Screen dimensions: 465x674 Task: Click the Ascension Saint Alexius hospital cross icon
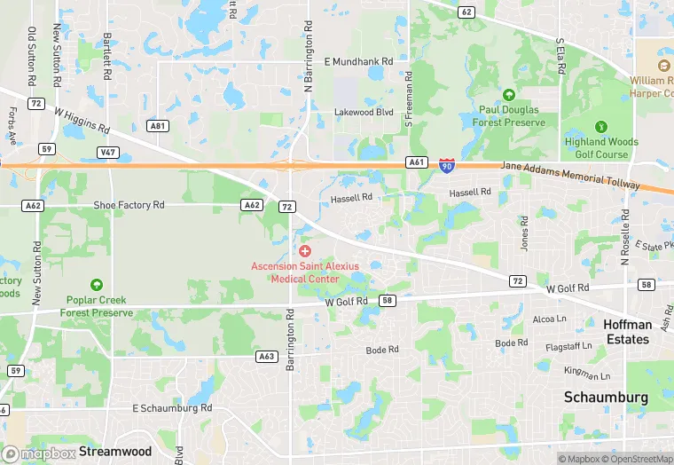click(304, 252)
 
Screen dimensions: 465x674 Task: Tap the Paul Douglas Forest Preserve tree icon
click(508, 95)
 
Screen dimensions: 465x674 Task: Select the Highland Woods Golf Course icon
click(600, 127)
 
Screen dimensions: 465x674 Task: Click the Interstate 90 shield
click(447, 166)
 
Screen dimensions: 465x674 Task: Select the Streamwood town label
click(114, 452)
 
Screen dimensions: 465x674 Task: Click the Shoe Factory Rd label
click(129, 205)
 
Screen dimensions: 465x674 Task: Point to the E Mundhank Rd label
click(357, 61)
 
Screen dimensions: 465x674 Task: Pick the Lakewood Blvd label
click(363, 113)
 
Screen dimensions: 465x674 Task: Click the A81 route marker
click(158, 126)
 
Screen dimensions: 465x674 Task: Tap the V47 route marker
click(108, 153)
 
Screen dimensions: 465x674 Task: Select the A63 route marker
click(265, 356)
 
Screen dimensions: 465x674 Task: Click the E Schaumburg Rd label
click(172, 408)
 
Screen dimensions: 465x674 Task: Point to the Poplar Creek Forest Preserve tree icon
click(96, 285)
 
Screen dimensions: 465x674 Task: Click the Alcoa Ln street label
click(549, 319)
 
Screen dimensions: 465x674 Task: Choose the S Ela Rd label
click(560, 54)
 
